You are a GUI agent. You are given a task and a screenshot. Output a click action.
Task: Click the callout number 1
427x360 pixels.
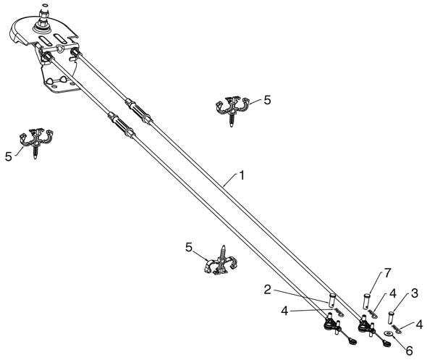pos(242,175)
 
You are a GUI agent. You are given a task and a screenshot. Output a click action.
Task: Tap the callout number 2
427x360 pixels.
pos(268,290)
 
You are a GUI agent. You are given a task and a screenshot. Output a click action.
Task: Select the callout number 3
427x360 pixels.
pos(414,293)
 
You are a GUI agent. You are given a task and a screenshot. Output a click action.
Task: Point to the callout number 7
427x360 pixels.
pos(388,272)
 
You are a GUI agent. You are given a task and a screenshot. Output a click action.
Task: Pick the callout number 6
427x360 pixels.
pos(409,351)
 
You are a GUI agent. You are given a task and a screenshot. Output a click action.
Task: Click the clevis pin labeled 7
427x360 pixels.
pos(366,301)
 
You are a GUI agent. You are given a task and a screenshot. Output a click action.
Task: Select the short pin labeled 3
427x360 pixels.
pos(392,317)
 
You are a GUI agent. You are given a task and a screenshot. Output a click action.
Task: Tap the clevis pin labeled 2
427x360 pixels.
pos(332,301)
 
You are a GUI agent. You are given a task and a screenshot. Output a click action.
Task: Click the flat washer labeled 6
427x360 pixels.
pos(389,333)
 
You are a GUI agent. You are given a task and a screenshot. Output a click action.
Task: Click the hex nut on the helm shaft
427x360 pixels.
pos(43,14)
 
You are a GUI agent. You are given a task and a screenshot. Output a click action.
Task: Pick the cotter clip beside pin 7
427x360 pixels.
pos(373,314)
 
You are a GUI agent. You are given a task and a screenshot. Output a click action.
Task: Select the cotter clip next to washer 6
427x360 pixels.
pos(397,328)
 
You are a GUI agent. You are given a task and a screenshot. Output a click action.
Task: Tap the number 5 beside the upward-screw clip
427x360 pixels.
pos(189,248)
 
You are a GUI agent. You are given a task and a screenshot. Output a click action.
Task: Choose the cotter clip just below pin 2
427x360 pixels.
pos(339,312)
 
